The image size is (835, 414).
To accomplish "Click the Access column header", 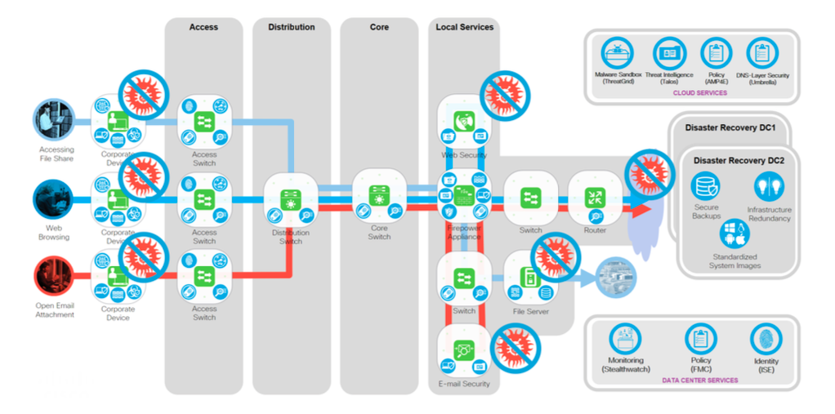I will tap(203, 27).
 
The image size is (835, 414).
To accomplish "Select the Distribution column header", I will tap(291, 27).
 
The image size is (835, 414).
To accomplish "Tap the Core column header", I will tap(379, 27).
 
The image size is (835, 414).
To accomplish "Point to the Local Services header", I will tap(464, 27).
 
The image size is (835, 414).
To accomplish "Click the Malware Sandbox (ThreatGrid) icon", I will tap(617, 55).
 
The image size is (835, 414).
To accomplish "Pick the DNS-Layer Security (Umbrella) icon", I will tap(761, 55).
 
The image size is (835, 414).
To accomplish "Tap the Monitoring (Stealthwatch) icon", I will tap(626, 339).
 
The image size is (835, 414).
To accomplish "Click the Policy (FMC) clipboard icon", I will tap(700, 339).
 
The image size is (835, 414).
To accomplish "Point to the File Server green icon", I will tap(529, 278).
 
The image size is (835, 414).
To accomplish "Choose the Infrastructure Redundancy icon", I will tap(769, 186).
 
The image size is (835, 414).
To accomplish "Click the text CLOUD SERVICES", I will tap(699, 93).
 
